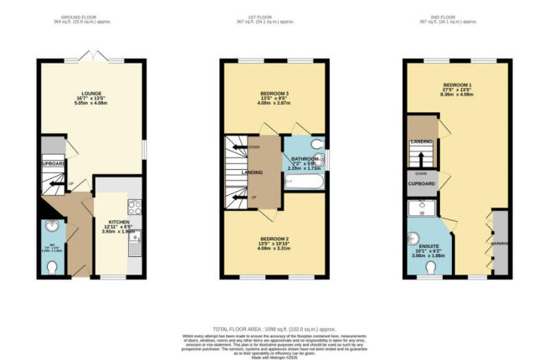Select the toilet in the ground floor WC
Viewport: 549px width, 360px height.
[53, 266]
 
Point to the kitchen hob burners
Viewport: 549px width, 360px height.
[134, 206]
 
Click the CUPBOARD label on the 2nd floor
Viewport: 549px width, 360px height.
[421, 182]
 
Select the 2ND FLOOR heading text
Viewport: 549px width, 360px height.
[455, 16]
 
